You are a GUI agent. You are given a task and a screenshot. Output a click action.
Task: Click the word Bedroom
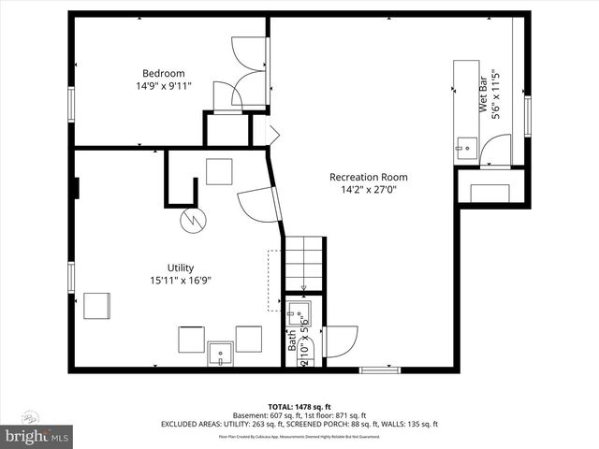coord(163,73)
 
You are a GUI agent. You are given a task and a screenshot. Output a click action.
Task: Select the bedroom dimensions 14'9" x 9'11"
coord(163,86)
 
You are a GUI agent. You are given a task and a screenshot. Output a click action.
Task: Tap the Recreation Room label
coord(368,177)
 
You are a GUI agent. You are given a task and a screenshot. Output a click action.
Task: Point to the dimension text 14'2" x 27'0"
coord(368,190)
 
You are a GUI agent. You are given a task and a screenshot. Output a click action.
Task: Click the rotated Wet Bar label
coord(484,96)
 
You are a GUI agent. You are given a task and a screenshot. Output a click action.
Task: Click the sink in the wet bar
coord(466,146)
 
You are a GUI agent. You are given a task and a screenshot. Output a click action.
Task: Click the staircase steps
coord(305,264)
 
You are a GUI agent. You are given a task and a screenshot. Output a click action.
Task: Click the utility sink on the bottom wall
coord(221,354)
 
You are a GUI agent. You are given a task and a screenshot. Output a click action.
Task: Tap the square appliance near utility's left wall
coord(97,306)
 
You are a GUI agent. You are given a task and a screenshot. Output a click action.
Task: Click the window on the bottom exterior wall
coord(379,369)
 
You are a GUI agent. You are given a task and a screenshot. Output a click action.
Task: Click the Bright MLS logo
coord(36,437)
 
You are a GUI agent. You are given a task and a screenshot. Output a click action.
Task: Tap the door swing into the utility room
coord(256,206)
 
